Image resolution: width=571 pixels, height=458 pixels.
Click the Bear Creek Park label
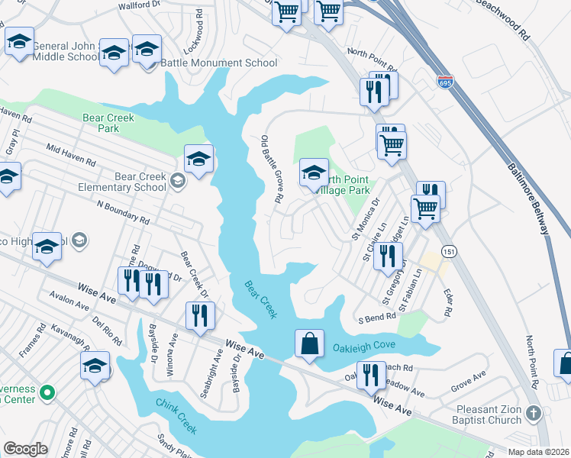click(x=108, y=123)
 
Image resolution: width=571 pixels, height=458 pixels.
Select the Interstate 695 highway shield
click(x=445, y=80)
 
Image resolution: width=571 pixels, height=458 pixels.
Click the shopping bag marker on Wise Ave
click(x=310, y=344)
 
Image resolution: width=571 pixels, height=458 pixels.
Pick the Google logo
click(x=25, y=449)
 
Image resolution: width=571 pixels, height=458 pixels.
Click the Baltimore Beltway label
click(x=529, y=197)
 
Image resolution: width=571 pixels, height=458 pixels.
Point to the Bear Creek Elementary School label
click(x=140, y=182)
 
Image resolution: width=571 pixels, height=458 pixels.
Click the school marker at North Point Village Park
click(x=314, y=173)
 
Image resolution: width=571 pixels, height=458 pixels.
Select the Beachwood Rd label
click(x=502, y=19)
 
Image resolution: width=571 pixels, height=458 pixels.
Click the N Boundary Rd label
click(x=123, y=213)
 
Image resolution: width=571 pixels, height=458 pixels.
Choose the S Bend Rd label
click(x=376, y=318)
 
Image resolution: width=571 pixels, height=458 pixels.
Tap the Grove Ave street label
click(x=468, y=376)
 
